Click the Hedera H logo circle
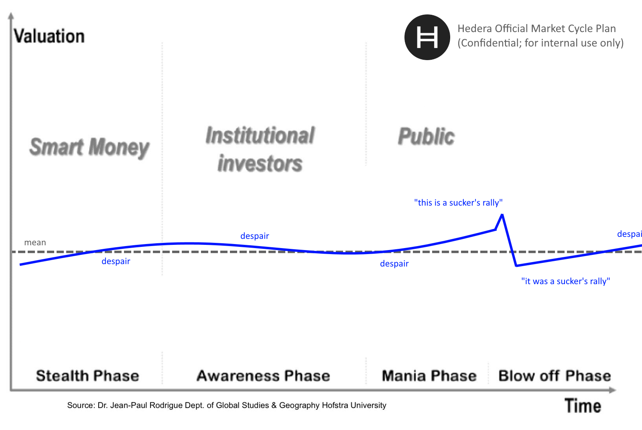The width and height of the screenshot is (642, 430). [427, 37]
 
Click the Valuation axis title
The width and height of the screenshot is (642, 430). [49, 36]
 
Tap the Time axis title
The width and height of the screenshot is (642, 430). [583, 406]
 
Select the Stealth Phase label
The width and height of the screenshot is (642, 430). [87, 375]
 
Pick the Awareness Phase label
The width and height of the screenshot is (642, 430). [263, 375]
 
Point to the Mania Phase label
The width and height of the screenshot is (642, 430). [429, 375]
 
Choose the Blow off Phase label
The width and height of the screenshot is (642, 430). [555, 375]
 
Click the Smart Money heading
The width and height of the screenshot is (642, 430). [89, 147]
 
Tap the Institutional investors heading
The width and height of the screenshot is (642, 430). [260, 149]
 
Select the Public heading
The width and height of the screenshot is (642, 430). [426, 136]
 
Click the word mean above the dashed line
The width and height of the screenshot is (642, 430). [35, 242]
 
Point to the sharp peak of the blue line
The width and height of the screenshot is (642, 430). [502, 214]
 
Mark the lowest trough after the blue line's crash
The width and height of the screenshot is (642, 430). [516, 266]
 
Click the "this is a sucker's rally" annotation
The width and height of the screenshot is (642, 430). [458, 203]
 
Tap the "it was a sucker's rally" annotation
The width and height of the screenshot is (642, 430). [565, 281]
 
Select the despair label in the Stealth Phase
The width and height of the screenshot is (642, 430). [116, 261]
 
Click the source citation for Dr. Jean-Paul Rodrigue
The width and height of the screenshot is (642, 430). [227, 405]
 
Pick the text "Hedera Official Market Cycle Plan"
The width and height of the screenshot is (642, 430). [536, 28]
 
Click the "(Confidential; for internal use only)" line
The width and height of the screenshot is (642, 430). [540, 43]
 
